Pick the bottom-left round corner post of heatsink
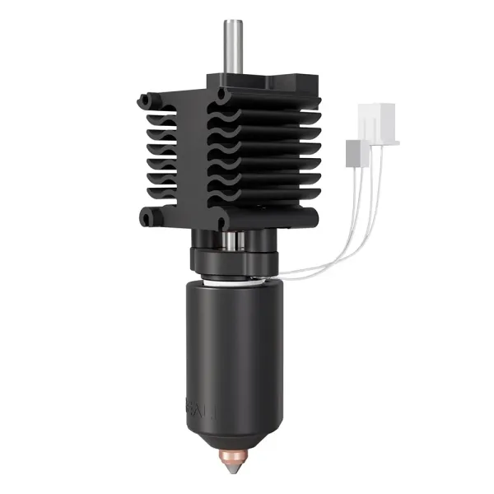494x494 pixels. tap(148, 218)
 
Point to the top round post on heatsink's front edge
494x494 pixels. tap(222, 96)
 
